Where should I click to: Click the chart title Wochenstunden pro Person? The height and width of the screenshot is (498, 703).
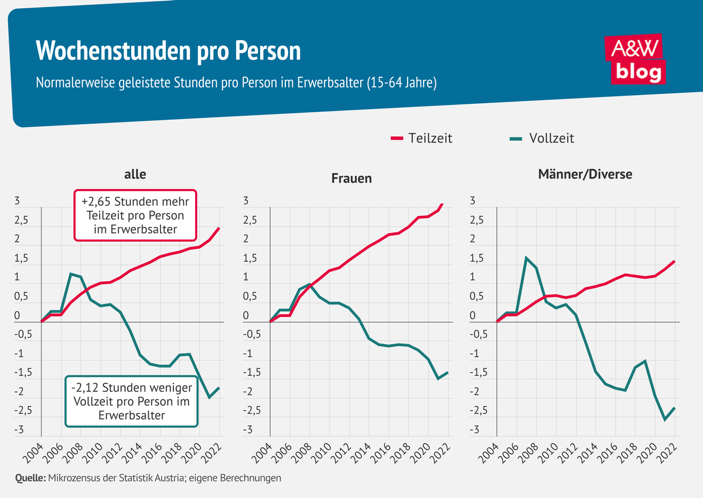[x=168, y=52]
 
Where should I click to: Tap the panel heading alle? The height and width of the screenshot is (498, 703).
[x=135, y=174]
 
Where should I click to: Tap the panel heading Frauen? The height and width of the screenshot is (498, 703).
[x=351, y=178]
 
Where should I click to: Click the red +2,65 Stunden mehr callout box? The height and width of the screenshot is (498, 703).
[x=135, y=215]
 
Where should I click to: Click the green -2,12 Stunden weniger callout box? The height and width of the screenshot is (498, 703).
[x=131, y=402]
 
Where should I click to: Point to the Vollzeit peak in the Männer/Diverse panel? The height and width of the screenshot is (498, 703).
[x=526, y=258]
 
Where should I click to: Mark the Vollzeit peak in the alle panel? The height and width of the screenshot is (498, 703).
[x=70, y=274]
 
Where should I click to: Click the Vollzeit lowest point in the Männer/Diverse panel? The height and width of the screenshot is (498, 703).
[x=665, y=419]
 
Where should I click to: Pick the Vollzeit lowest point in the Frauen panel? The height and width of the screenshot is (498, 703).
[x=438, y=379]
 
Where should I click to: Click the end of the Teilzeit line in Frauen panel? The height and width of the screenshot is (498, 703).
[x=443, y=204]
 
